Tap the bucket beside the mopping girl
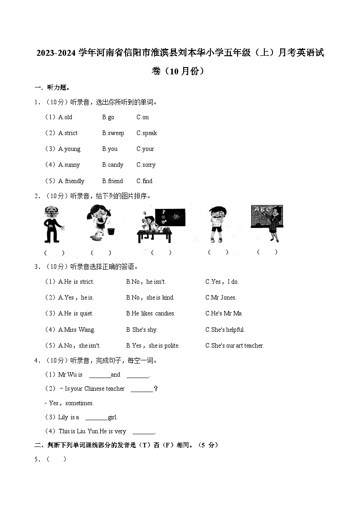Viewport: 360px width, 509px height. [x=110, y=230]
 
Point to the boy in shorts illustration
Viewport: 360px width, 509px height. [x=218, y=224]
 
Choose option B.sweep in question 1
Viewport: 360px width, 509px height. [x=113, y=133]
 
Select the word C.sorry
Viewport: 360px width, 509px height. [x=146, y=165]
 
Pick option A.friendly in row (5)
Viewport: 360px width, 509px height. [x=71, y=181]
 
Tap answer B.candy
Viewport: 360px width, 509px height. [x=112, y=165]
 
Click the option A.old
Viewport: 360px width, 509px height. [x=65, y=117]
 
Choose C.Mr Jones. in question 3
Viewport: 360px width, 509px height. [x=221, y=298]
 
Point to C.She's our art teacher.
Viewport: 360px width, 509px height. [x=234, y=346]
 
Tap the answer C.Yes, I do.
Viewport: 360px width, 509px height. [x=222, y=282]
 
